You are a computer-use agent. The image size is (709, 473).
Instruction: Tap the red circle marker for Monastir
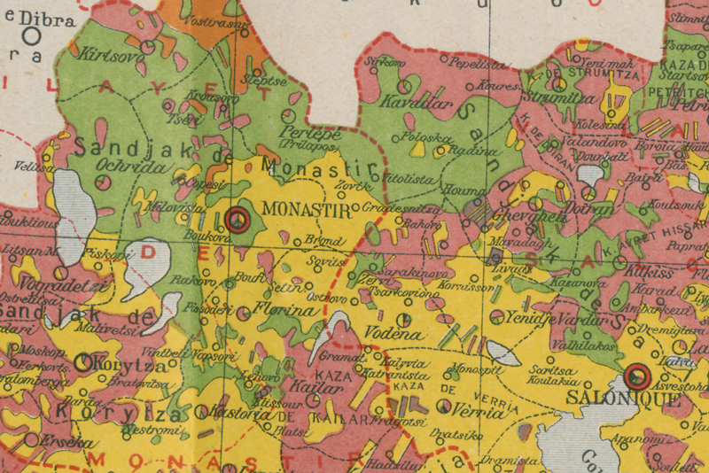click(237, 220)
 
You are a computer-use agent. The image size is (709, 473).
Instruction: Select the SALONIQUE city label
click(631, 399)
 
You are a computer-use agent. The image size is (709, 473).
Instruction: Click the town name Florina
click(285, 311)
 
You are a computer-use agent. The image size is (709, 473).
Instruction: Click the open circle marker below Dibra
click(33, 36)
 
